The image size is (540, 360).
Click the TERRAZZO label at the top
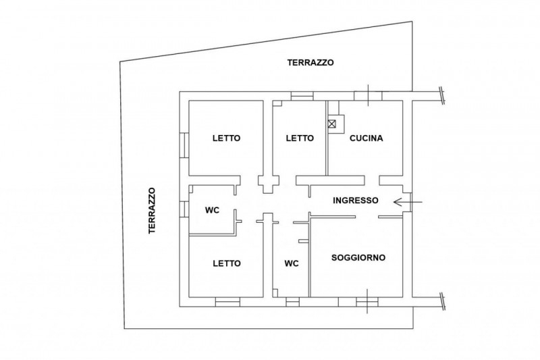coord(310,62)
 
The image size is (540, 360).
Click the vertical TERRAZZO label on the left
coord(153,211)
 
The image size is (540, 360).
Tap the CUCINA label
coord(367,138)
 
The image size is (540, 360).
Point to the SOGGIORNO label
coord(358,257)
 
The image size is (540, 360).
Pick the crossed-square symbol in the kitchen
coord(333,124)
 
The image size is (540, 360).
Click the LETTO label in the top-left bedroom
coord(226,138)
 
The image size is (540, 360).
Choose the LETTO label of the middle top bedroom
coord(300,138)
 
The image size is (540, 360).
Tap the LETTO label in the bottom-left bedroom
coord(226,263)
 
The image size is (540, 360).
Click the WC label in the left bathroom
coord(213,210)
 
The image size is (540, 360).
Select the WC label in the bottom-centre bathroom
coord(292,263)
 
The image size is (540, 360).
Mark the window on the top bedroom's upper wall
coord(302,97)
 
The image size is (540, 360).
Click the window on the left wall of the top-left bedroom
coord(184,145)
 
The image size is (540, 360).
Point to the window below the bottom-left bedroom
coord(226,301)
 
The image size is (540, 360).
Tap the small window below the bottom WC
coord(292,301)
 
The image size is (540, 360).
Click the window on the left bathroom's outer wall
coord(184,209)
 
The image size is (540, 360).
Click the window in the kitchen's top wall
coord(368,95)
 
